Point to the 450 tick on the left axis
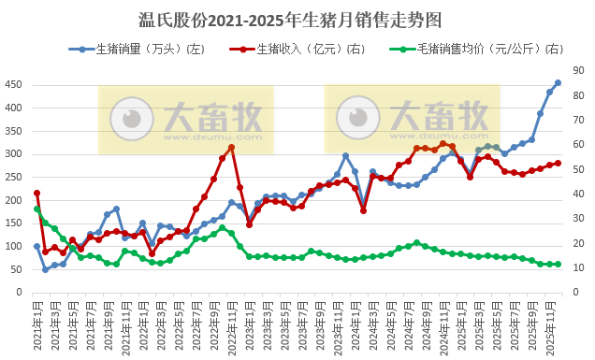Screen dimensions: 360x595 click(x=13, y=84)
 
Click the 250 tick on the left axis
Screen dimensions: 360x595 click(x=13, y=177)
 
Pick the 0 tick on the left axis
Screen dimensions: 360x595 click(x=19, y=293)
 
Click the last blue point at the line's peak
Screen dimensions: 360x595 click(x=558, y=83)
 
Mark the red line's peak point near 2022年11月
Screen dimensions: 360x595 click(x=231, y=147)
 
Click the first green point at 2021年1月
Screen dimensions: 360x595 click(x=37, y=209)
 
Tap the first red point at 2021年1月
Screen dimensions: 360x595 click(x=37, y=194)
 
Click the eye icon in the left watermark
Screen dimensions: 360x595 click(x=131, y=118)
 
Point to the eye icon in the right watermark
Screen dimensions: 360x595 click(x=356, y=118)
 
